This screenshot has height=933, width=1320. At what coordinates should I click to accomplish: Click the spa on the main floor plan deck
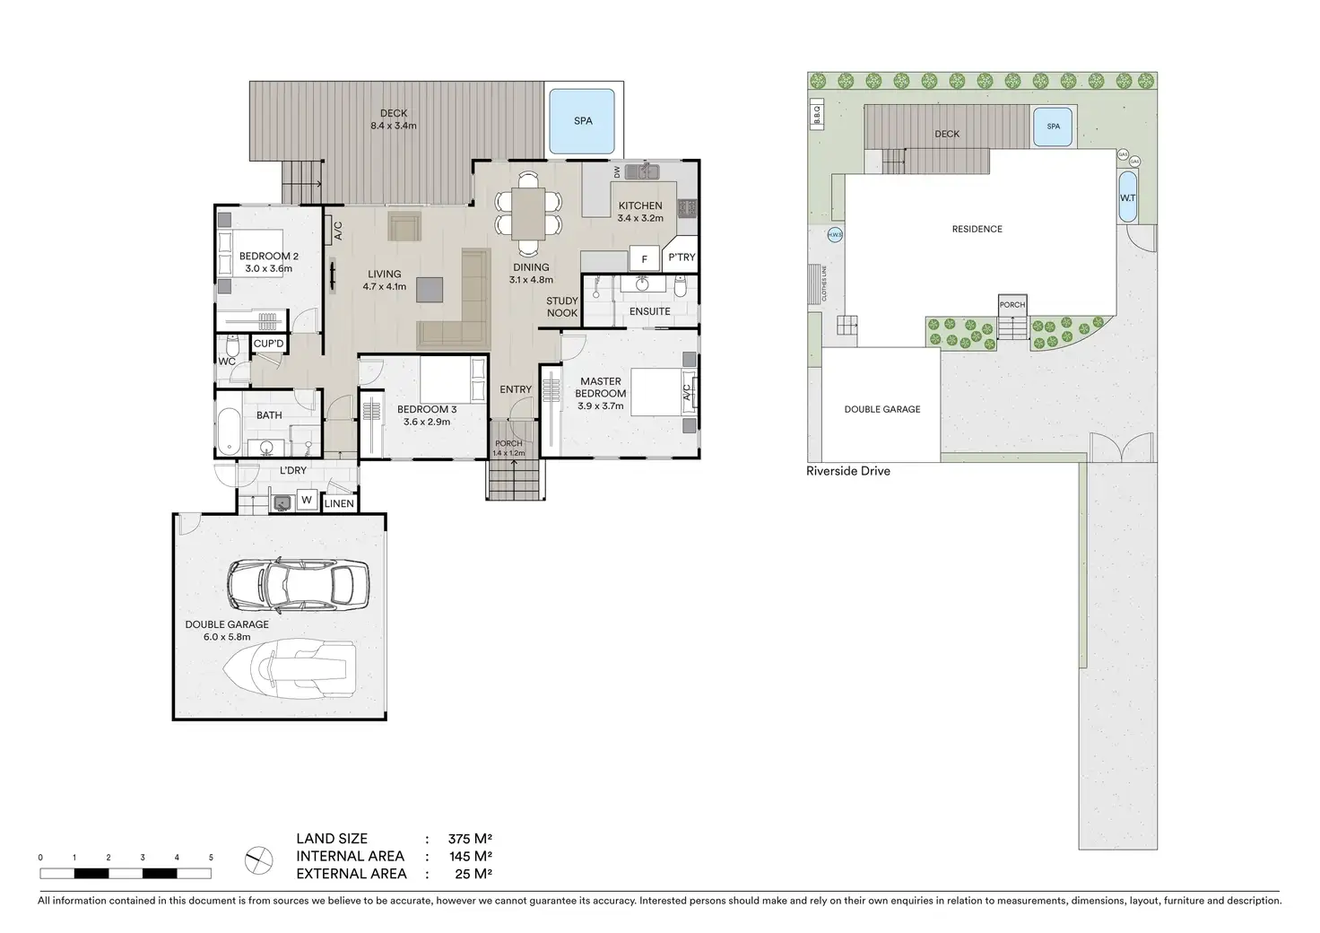point(583,120)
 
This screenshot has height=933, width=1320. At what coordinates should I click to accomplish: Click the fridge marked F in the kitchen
point(644,259)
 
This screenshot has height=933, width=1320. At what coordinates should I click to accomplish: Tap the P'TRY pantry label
point(682,257)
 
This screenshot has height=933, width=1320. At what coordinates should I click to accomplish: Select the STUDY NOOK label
point(562,307)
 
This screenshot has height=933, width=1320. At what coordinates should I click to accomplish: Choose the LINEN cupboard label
point(339,503)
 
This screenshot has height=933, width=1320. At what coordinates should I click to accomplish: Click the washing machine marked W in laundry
point(307,501)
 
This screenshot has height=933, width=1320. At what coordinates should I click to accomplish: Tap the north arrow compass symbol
point(258,861)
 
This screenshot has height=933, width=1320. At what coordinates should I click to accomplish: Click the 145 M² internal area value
point(470,856)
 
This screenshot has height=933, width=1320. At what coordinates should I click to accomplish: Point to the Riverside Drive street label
point(847,471)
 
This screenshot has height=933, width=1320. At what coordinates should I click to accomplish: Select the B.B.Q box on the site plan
point(817,114)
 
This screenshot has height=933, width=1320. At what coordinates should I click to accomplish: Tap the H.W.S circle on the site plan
point(834,236)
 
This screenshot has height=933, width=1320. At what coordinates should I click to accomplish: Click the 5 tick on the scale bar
point(211,858)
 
